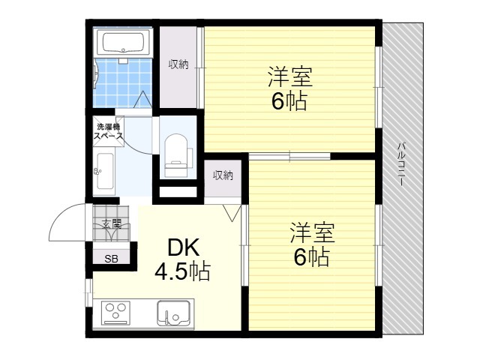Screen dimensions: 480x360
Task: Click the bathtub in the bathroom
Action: point(123,43)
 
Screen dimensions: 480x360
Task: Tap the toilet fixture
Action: point(177,155)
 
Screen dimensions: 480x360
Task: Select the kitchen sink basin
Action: point(173,313)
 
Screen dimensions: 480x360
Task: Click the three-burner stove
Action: point(115,313)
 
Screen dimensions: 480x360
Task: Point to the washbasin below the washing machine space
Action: point(105,172)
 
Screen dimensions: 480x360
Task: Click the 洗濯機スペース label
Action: point(108,131)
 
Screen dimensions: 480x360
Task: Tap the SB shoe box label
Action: point(111,259)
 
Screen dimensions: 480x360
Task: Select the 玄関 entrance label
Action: point(112,225)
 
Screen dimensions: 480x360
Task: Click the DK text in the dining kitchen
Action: point(183,247)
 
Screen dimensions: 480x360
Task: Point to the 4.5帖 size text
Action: point(182,271)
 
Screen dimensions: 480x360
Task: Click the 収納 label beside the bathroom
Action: point(178,64)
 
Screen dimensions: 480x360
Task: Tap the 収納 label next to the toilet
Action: point(223,175)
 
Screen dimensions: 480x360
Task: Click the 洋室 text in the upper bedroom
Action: point(290,76)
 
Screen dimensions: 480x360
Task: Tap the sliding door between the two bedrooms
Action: point(289,157)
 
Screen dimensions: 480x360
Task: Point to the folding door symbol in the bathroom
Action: point(142,99)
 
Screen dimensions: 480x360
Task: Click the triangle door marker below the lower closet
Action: point(232,212)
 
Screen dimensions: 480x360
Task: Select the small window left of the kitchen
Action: point(88,292)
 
